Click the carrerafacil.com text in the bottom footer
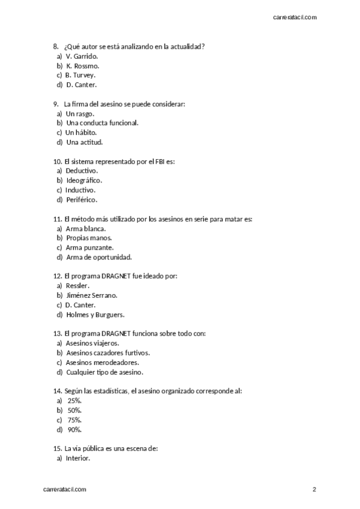pyautogui.click(x=65, y=490)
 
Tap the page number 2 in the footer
pyautogui.click(x=314, y=490)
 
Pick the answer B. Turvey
pyautogui.click(x=80, y=75)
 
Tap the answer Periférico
pyautogui.click(x=82, y=199)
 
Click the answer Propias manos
pyautogui.click(x=89, y=238)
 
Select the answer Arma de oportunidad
pyautogui.click(x=98, y=257)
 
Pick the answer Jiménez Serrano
pyautogui.click(x=92, y=295)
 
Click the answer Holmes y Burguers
pyautogui.click(x=95, y=315)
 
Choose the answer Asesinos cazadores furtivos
pyautogui.click(x=107, y=353)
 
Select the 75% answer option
pyautogui.click(x=74, y=420)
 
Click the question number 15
pyautogui.click(x=58, y=448)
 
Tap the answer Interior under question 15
pyautogui.click(x=78, y=458)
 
